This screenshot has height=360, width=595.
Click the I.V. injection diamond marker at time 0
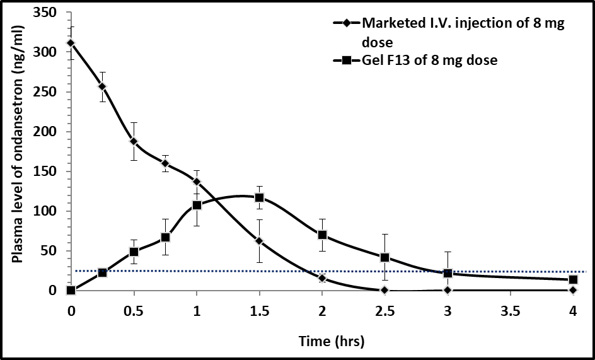(x=71, y=43)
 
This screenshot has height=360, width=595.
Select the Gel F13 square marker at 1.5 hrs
(x=259, y=198)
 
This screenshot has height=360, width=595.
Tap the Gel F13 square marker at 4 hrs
(x=573, y=280)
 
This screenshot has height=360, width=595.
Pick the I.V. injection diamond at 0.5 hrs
(x=134, y=141)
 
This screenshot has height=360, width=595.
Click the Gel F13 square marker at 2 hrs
(x=322, y=235)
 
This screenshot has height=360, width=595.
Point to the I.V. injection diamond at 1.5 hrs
(x=259, y=241)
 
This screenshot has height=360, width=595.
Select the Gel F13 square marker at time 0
(x=71, y=290)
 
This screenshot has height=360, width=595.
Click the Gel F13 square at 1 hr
(x=197, y=205)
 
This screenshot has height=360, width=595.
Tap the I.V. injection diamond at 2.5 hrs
(x=384, y=290)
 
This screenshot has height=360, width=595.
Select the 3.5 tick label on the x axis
(x=510, y=311)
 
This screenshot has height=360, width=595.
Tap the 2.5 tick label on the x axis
(x=384, y=311)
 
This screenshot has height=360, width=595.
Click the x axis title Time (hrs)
(x=332, y=341)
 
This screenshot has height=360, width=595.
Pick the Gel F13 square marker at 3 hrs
(x=448, y=274)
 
